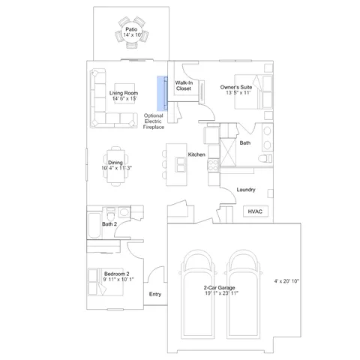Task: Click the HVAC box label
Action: point(255,211)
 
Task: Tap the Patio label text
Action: point(131,29)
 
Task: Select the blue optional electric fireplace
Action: point(162,93)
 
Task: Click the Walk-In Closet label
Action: point(184,85)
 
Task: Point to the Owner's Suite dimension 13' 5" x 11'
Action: point(238,93)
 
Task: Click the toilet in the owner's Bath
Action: point(265,158)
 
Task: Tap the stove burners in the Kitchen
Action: point(213,165)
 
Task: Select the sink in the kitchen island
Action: point(181,164)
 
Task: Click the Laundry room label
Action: point(246,190)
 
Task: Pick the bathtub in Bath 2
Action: point(94,226)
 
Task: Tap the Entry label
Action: point(155,294)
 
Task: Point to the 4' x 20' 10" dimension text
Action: point(286,281)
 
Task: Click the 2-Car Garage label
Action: point(219,288)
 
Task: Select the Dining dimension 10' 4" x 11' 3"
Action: point(116,168)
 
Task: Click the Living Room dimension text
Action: point(124,98)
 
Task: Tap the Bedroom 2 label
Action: point(116,274)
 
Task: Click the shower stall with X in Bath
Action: point(228,152)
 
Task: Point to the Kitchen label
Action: point(196,154)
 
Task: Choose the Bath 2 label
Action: point(109,224)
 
